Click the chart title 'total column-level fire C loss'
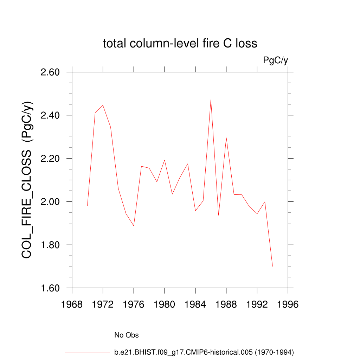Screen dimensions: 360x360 coord(180,44)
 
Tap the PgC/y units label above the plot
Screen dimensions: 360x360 coord(276,60)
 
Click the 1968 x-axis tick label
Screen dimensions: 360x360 coord(72,304)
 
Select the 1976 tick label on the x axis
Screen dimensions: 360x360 coord(134,304)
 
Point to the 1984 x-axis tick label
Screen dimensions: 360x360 coord(195,304)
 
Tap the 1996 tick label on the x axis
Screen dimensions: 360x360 coord(288,304)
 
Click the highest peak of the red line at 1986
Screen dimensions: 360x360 coord(211,100)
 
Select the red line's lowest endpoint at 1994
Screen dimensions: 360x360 coord(272,266)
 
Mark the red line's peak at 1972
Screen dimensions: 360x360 coord(103,105)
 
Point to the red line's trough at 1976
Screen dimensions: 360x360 coord(134,226)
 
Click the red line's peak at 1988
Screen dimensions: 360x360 coord(226,138)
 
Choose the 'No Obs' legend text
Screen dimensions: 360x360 coord(127,335)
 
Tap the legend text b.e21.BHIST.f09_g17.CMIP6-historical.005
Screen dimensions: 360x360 coord(204,352)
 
